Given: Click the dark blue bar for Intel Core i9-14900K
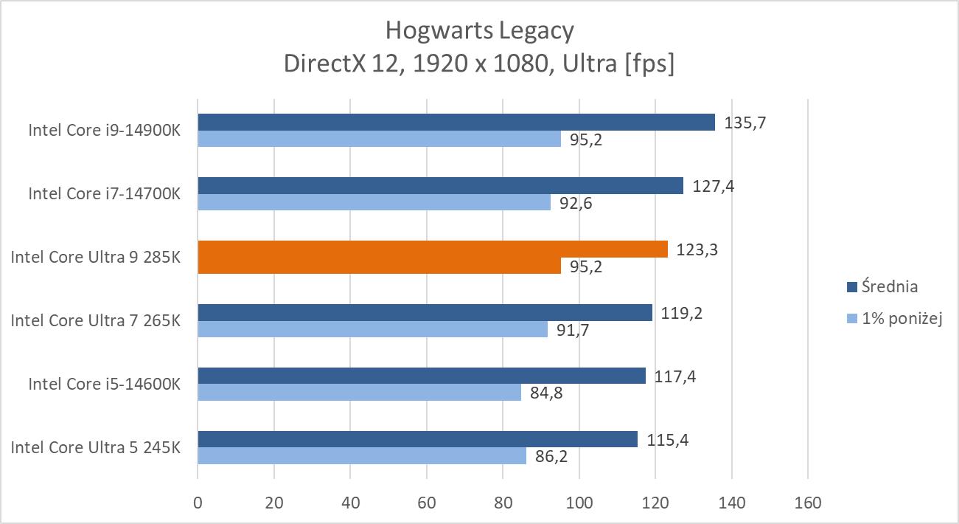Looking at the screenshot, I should [x=456, y=123].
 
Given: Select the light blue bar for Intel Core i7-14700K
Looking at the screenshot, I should [x=374, y=202].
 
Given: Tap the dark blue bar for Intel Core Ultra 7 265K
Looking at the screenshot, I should [x=425, y=313].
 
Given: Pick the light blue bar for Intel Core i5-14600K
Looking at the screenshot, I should [x=359, y=393].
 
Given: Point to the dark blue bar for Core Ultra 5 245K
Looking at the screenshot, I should [x=417, y=440].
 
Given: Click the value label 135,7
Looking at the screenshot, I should [x=745, y=123].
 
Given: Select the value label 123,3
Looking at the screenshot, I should [x=697, y=249].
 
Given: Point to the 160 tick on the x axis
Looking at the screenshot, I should [x=808, y=503].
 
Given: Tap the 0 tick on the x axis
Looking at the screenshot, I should [x=198, y=503].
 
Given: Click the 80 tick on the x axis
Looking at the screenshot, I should [x=503, y=503].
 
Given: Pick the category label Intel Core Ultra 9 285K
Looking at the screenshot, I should [x=95, y=258].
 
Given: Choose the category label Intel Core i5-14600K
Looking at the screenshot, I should [x=104, y=384].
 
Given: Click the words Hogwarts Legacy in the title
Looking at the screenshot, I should [x=479, y=31].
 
